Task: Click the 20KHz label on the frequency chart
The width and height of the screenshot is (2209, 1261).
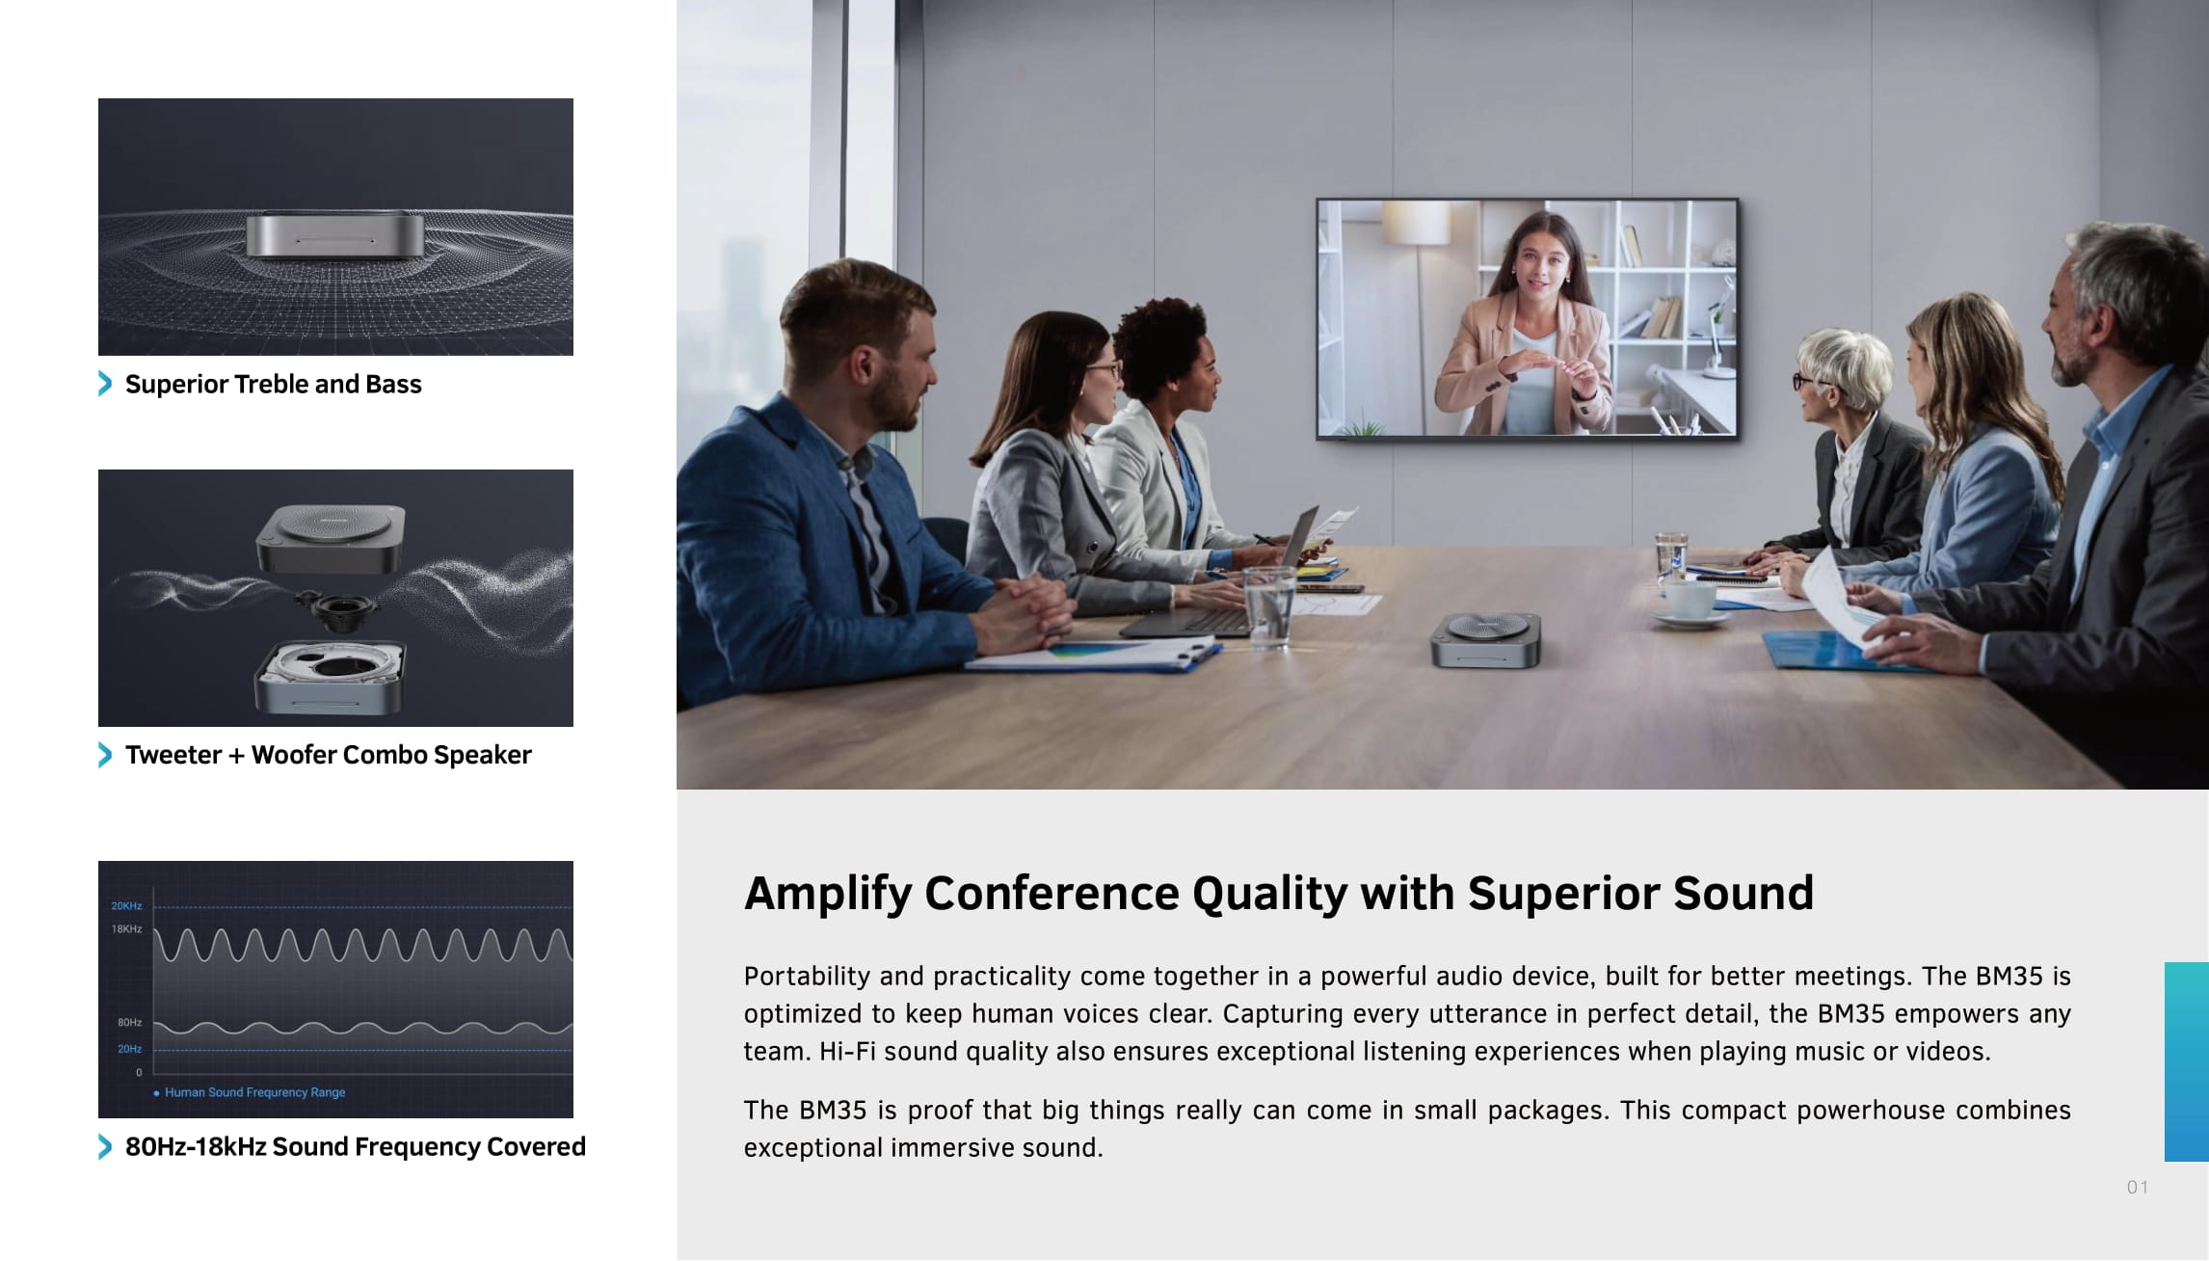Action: (x=126, y=906)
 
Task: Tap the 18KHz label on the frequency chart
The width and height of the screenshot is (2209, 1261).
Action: (x=126, y=929)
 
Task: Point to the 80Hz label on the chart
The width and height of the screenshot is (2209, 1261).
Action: (x=129, y=1022)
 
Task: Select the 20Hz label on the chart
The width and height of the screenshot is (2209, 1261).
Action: (x=129, y=1049)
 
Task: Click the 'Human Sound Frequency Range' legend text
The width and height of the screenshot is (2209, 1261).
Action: (x=254, y=1092)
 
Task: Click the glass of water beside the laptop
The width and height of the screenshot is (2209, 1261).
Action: (x=1268, y=604)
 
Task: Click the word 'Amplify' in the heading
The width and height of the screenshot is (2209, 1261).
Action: (x=827, y=894)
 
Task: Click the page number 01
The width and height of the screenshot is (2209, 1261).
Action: (x=2137, y=1188)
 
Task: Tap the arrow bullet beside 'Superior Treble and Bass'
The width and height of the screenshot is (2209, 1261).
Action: (x=105, y=384)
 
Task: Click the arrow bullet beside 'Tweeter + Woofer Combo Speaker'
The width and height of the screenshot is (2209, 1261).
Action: (x=105, y=755)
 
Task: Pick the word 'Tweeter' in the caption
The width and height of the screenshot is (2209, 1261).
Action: (x=173, y=755)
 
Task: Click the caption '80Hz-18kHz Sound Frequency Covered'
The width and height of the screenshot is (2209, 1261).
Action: (x=355, y=1146)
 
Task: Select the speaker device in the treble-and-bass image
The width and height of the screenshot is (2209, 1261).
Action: (x=334, y=234)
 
